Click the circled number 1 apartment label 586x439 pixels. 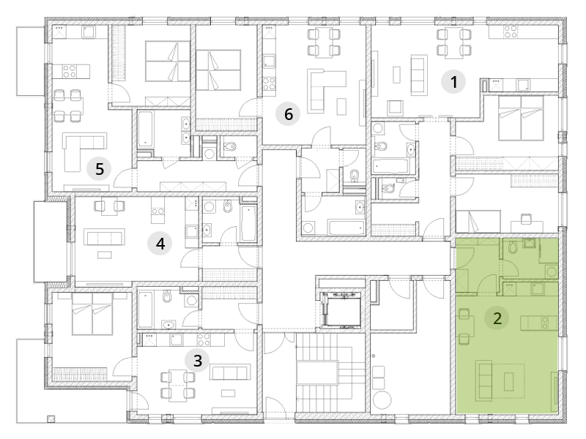[453, 82]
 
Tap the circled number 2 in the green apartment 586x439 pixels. [497, 318]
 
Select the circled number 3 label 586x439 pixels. [197, 361]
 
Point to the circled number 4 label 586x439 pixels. [160, 244]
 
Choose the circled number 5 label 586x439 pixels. [99, 169]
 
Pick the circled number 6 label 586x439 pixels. [288, 114]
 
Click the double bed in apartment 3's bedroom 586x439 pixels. [92, 314]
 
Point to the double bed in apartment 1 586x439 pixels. [521, 118]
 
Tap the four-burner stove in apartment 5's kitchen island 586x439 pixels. [70, 71]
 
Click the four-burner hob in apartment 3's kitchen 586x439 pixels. [204, 339]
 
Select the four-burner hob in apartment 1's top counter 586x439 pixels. [511, 31]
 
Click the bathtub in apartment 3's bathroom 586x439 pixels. [145, 309]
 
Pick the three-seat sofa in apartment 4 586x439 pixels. [104, 237]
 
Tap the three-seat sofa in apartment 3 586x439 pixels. [229, 373]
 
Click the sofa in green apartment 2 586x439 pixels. [483, 380]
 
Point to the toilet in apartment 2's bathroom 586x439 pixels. [513, 247]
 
